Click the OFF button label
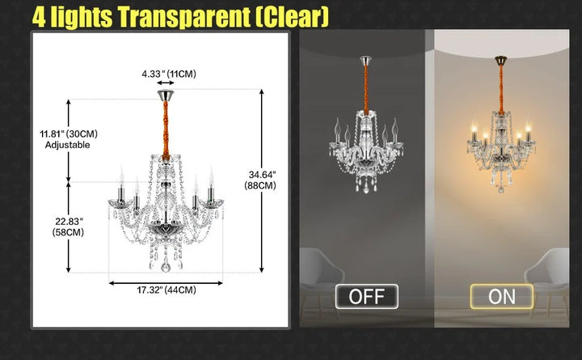pyautogui.click(x=366, y=296)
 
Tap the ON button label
pyautogui.click(x=501, y=296)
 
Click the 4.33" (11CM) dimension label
pyautogui.click(x=169, y=74)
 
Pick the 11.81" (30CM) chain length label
pyautogui.click(x=69, y=133)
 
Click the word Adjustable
pyautogui.click(x=68, y=145)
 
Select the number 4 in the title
pyautogui.click(x=39, y=16)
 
